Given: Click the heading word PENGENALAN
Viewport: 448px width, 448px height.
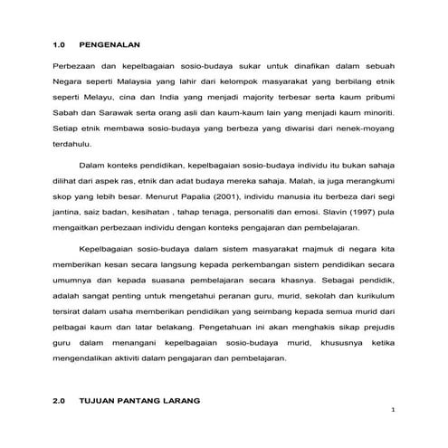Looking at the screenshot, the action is tap(110, 43).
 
